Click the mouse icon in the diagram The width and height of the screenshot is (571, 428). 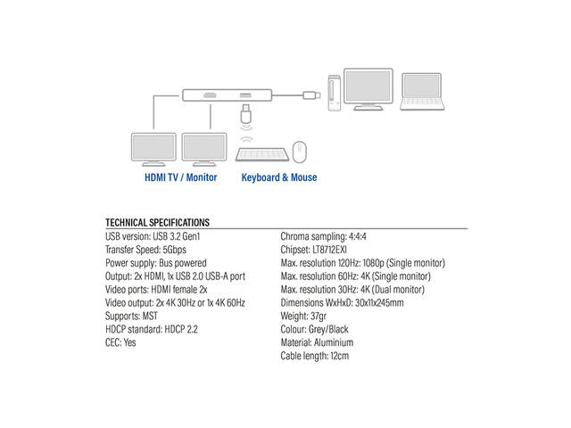300,152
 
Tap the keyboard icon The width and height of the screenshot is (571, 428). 262,154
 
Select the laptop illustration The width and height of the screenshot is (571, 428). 422,91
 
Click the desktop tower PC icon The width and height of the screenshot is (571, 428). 335,93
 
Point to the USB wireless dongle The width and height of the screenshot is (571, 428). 246,114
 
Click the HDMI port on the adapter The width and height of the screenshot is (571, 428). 210,95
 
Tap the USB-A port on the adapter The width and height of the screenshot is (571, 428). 245,95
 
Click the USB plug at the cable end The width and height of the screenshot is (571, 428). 311,95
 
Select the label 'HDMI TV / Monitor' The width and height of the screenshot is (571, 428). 180,177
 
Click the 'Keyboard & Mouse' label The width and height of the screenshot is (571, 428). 279,177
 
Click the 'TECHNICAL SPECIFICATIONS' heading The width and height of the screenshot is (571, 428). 157,222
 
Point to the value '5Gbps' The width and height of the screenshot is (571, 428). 175,250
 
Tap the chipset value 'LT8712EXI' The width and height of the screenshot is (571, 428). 329,250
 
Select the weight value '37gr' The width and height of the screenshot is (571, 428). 319,316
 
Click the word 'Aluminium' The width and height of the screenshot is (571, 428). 334,342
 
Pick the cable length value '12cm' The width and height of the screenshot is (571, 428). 340,356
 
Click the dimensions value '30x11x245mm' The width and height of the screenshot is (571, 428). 379,303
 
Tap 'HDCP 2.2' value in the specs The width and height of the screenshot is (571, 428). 181,329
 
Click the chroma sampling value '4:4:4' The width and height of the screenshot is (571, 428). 358,236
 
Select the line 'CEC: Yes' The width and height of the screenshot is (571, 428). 120,342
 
